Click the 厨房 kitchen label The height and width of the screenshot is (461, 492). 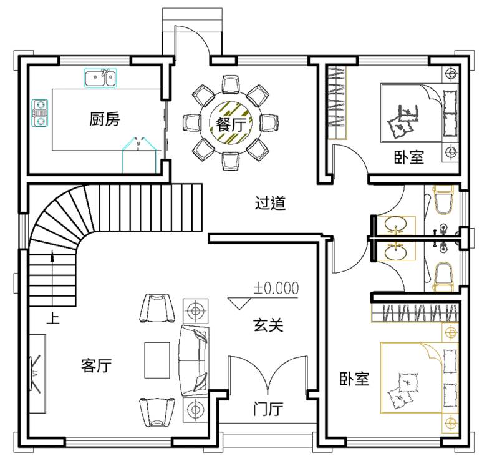[105, 119]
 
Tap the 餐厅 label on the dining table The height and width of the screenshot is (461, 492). [231, 125]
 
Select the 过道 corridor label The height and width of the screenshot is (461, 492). [270, 202]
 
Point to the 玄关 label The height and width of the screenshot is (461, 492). [268, 325]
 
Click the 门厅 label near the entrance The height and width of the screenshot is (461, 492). [268, 409]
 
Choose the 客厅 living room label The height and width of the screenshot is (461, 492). [96, 365]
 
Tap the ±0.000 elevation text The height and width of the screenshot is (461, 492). [276, 288]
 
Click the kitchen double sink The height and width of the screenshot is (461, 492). [100, 77]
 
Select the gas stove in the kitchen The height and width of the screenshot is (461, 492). [40, 112]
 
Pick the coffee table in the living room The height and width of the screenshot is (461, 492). [157, 360]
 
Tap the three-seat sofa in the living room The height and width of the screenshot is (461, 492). [193, 360]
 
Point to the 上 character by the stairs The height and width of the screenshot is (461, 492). [53, 318]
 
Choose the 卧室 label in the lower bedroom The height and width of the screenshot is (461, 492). [355, 379]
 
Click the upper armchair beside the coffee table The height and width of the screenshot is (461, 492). [157, 308]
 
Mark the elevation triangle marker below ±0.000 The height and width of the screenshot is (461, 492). [239, 303]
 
